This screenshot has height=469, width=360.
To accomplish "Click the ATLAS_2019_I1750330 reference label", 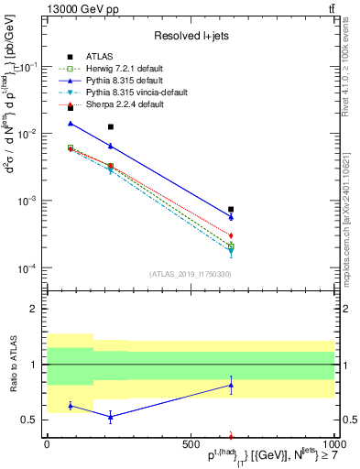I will click(x=190, y=274).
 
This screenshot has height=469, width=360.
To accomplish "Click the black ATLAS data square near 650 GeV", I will click(x=231, y=209).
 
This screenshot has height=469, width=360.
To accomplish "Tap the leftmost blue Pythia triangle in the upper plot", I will click(x=71, y=123).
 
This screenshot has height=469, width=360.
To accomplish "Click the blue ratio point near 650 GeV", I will click(x=231, y=386).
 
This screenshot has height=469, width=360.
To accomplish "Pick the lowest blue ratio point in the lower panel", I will click(x=111, y=417).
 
